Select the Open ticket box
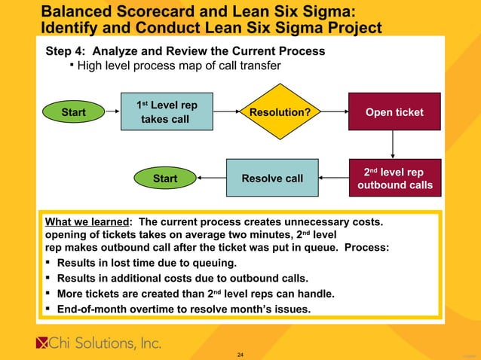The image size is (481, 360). coord(394,112)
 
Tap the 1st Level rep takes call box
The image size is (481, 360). coord(167,112)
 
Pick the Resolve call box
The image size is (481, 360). coord(272,178)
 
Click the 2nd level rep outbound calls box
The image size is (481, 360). coord(394,178)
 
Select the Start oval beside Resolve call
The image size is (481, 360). coord(165,178)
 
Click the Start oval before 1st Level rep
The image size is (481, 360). coord(73,113)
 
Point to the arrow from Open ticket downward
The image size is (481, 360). coord(394,145)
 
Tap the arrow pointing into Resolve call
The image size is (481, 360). coord(332,178)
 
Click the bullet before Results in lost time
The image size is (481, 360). coord(50,263)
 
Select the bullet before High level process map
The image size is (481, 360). coord(71,66)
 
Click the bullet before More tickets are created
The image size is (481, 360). coord(50,293)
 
